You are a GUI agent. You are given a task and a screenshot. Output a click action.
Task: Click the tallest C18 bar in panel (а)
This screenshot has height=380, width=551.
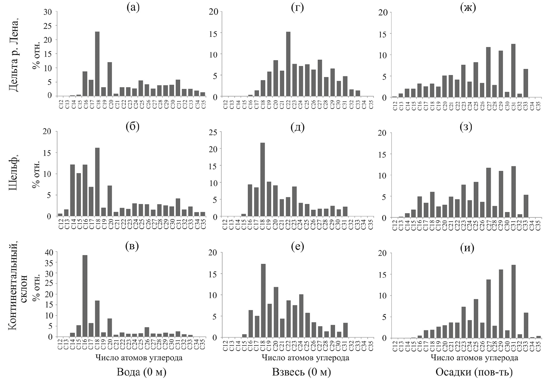[97, 64]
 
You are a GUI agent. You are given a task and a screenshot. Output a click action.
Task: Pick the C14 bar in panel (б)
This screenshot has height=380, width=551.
[73, 190]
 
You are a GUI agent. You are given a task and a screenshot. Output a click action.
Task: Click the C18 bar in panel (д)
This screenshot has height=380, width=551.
[263, 180]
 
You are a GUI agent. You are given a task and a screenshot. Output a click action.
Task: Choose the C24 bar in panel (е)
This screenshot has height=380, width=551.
[301, 316]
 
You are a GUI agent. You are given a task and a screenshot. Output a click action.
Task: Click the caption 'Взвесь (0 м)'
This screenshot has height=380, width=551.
[301, 372]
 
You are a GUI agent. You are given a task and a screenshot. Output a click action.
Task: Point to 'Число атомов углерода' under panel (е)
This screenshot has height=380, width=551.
[305, 358]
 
